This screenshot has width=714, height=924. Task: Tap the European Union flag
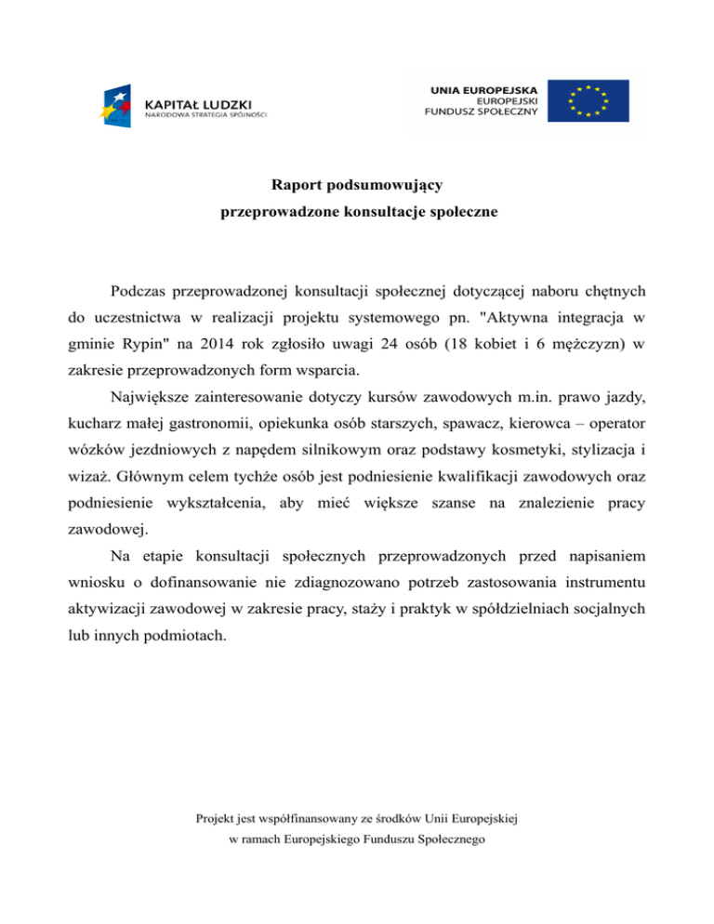pos(588,99)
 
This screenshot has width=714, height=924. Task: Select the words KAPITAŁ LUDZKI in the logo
pos(198,101)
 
